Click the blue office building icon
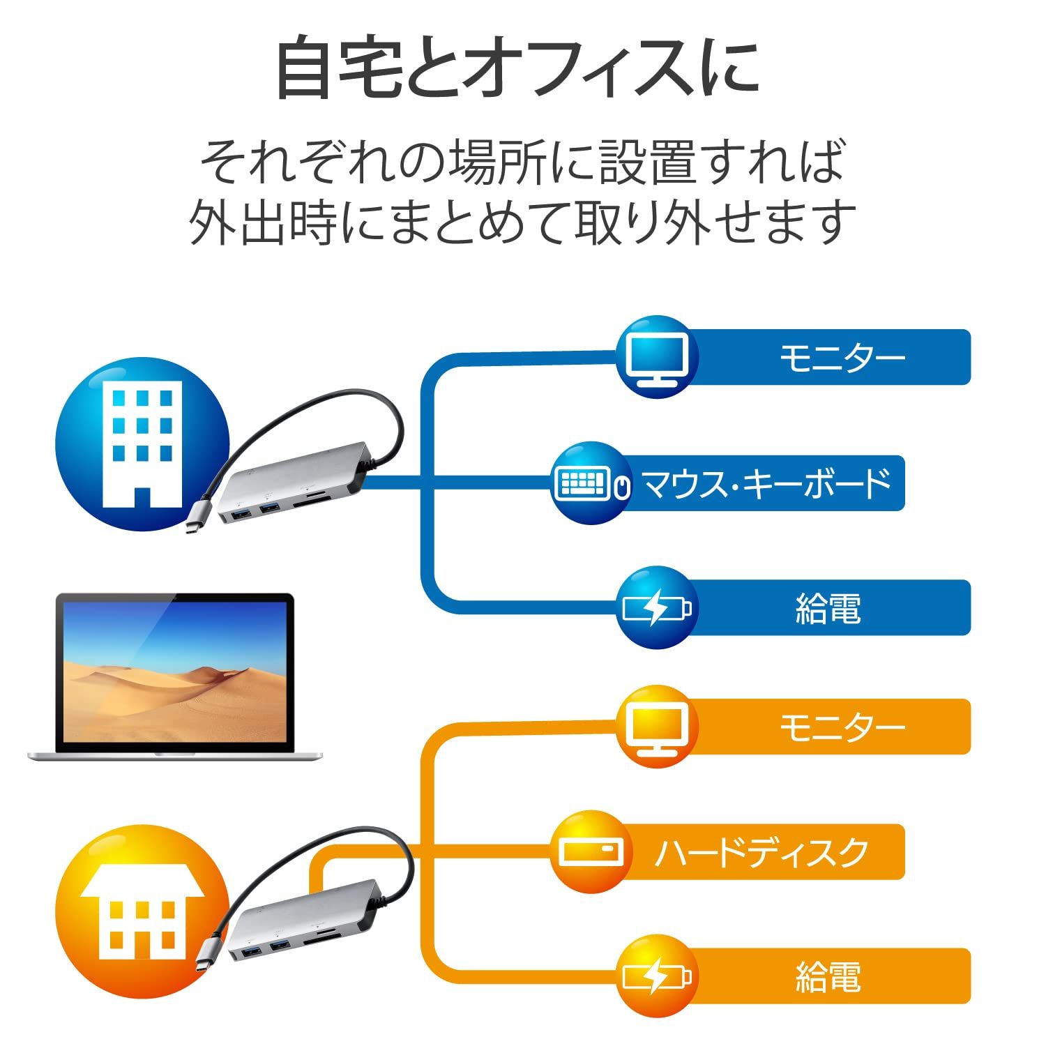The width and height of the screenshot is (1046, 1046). point(142,444)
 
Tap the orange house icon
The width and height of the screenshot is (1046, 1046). point(142,911)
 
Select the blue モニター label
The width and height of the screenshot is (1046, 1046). point(841,357)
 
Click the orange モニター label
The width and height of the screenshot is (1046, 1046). point(841,727)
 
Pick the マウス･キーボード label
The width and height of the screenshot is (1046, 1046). point(766,483)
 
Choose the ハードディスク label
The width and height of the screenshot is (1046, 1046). point(761,852)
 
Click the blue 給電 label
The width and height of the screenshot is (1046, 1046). point(828,607)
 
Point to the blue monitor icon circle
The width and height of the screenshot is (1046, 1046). point(656,357)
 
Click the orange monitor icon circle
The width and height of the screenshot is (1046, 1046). point(656,727)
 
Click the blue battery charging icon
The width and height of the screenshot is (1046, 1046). point(656,607)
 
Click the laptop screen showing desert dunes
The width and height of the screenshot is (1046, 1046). point(174,672)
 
